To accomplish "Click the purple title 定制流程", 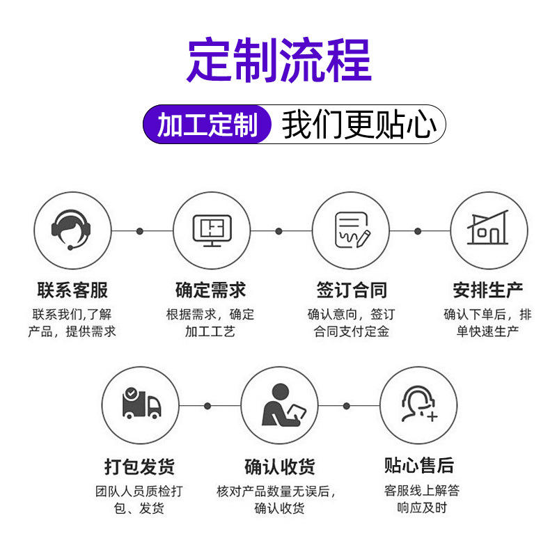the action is [x=279, y=60].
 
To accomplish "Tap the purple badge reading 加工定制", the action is [x=207, y=125].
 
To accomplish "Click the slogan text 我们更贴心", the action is [x=359, y=125].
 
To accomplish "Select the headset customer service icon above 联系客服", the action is [x=71, y=230].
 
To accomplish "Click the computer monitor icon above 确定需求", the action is [x=212, y=230].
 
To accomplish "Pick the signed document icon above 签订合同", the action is [x=352, y=230].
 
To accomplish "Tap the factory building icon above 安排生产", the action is [x=488, y=228].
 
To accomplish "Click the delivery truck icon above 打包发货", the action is [x=141, y=403].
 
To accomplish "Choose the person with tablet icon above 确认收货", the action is [x=283, y=405].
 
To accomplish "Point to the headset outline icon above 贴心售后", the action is [x=419, y=404].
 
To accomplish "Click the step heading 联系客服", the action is [x=72, y=290].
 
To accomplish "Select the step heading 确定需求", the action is [x=210, y=290].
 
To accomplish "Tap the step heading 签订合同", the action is [x=352, y=290].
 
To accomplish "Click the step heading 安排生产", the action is [x=488, y=290].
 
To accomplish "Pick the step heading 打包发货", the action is [x=140, y=466].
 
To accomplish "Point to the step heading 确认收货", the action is [x=280, y=466].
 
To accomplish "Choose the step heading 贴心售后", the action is [x=419, y=465].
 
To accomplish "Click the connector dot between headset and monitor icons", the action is [x=140, y=231].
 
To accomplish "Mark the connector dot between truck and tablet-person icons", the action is [x=207, y=406].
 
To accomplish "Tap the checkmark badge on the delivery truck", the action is [x=132, y=393].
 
